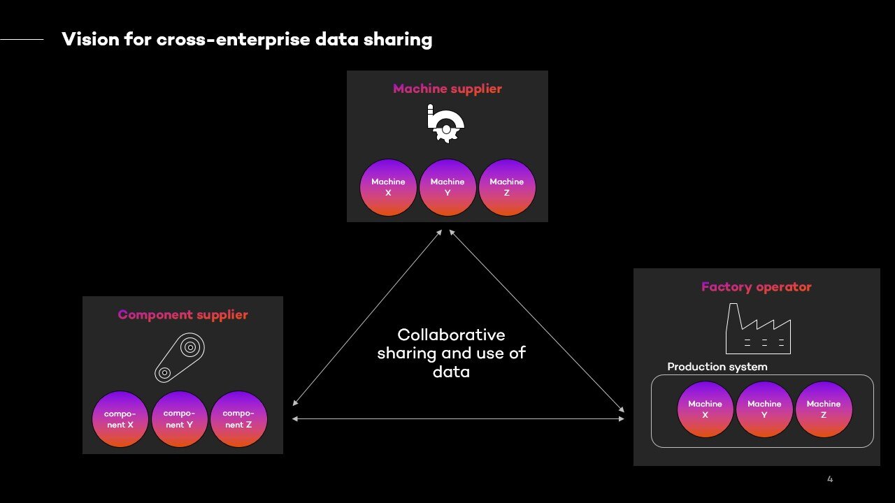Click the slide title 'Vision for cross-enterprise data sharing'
247,39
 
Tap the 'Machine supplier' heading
447,89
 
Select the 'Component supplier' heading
182,314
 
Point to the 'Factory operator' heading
757,286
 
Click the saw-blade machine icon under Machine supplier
445,124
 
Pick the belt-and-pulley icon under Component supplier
180,356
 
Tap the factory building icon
758,329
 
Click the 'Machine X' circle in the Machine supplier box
388,187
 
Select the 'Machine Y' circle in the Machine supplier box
447,187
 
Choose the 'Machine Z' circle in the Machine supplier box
507,187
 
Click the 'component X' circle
120,419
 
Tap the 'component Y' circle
180,419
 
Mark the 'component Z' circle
238,419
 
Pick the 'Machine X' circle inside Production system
705,409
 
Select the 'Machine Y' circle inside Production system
764,409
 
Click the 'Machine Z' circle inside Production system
824,409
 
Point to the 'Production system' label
717,367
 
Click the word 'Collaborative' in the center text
451,335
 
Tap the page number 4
830,479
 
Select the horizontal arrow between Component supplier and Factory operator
458,418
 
